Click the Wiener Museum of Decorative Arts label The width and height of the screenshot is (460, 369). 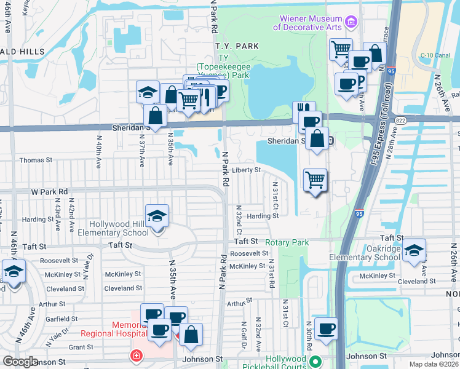(308, 23)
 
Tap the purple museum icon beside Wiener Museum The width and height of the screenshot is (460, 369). (351, 23)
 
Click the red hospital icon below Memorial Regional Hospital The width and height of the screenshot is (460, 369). (135, 355)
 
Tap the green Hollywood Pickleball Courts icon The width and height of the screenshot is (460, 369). (315, 360)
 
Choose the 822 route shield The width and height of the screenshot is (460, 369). (402, 121)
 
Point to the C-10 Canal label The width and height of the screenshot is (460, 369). (435, 55)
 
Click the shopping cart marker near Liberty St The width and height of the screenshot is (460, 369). (315, 180)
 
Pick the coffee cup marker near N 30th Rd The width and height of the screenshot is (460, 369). (326, 329)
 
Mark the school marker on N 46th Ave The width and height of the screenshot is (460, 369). (13, 271)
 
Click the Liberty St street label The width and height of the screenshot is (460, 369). (246, 170)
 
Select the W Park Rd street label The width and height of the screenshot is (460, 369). (49, 192)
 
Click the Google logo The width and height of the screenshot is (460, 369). (20, 362)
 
